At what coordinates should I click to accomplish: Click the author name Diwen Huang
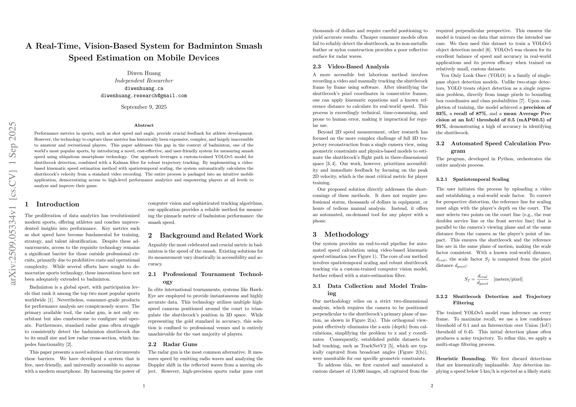144,73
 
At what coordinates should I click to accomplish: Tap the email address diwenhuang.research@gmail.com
144,95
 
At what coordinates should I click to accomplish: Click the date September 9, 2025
144,107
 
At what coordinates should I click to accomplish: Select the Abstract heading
144,125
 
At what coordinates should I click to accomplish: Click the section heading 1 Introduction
52,204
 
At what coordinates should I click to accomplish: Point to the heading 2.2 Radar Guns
173,344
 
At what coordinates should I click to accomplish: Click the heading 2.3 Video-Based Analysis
351,66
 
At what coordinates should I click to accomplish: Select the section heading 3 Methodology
341,234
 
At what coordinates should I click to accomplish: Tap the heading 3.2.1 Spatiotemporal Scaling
473,179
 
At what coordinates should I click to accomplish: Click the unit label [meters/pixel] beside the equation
508,279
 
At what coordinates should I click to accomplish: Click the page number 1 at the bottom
144,386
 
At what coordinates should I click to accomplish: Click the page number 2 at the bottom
432,386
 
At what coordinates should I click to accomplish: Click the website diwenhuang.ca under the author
144,88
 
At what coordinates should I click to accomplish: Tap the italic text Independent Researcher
144,81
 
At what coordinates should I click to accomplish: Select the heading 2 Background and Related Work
206,235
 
